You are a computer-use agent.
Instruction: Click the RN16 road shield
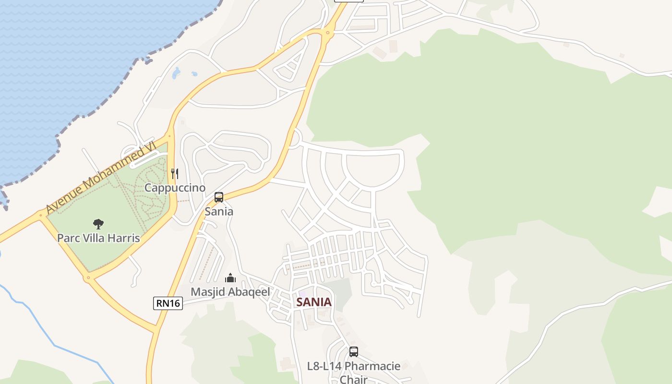coord(168,303)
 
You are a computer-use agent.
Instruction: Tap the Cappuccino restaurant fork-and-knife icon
coord(175,173)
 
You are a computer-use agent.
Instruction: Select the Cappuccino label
coord(175,188)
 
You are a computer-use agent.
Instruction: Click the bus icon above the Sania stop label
coord(219,197)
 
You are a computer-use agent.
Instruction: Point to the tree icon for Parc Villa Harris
coord(98,224)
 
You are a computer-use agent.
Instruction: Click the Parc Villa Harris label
coord(98,238)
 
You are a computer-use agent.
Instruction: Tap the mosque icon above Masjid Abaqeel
coord(231,278)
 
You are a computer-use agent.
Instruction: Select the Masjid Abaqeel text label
coord(230,292)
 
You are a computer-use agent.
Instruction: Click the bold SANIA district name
coord(314,302)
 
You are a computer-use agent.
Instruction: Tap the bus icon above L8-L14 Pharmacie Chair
coord(354,352)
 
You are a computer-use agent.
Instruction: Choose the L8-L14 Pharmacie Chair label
coord(354,372)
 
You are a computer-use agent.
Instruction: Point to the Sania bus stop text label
coord(219,211)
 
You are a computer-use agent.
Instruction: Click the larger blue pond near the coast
coord(176,73)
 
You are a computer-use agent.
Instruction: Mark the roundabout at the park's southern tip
coord(88,277)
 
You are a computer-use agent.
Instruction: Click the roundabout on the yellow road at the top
coord(328,33)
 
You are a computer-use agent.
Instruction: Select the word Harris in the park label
coord(124,238)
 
